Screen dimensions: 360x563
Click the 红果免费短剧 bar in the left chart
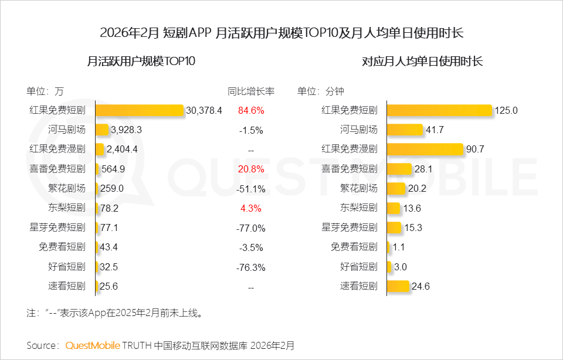tap(140, 110)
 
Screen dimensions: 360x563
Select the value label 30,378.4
tap(204, 110)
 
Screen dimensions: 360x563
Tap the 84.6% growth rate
tap(251, 110)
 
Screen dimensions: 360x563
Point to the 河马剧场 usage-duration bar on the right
tap(405, 130)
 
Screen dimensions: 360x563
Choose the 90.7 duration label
tap(475, 150)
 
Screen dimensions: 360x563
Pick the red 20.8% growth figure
tap(251, 169)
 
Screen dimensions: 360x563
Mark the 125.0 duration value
tap(506, 110)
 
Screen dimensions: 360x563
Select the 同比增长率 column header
tap(251, 91)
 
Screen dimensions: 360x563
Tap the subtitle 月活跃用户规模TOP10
tap(141, 61)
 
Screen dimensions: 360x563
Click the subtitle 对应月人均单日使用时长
tap(422, 61)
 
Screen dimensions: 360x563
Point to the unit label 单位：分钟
tap(320, 91)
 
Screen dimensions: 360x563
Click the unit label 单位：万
tap(45, 91)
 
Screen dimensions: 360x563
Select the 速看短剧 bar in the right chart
tap(398, 286)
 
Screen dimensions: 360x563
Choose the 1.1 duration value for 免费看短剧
tap(399, 247)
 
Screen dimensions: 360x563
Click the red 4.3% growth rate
tap(251, 208)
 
